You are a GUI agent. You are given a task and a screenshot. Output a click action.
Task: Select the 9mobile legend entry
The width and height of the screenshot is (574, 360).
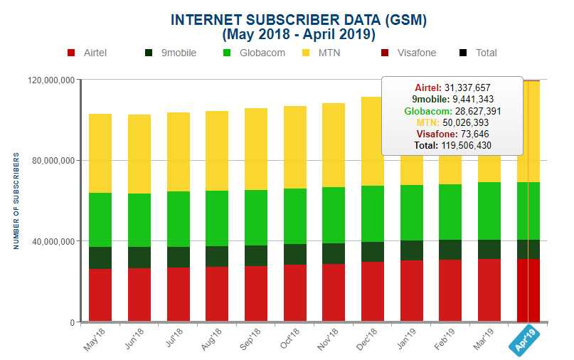(x=171, y=53)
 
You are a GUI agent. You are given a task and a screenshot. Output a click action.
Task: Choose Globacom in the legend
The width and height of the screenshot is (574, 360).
(x=257, y=53)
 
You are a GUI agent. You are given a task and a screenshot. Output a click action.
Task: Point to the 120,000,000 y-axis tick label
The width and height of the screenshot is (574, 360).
(x=51, y=80)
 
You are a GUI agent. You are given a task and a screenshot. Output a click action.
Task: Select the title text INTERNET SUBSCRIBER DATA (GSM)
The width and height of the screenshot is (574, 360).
(x=299, y=20)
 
